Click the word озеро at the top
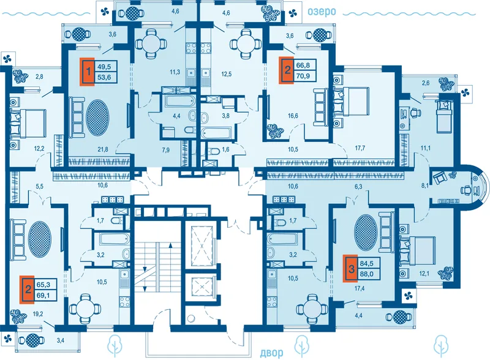coord(322,12)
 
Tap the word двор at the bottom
coord(271,353)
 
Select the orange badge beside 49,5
coord(87,72)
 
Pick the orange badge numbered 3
coord(350,268)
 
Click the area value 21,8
coord(103,149)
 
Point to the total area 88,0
coord(366,274)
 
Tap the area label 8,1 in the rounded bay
coord(425,186)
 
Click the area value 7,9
coord(165,151)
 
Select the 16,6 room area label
coord(293,116)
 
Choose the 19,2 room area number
coord(38,314)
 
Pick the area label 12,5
coord(226,74)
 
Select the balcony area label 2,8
coord(39,76)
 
